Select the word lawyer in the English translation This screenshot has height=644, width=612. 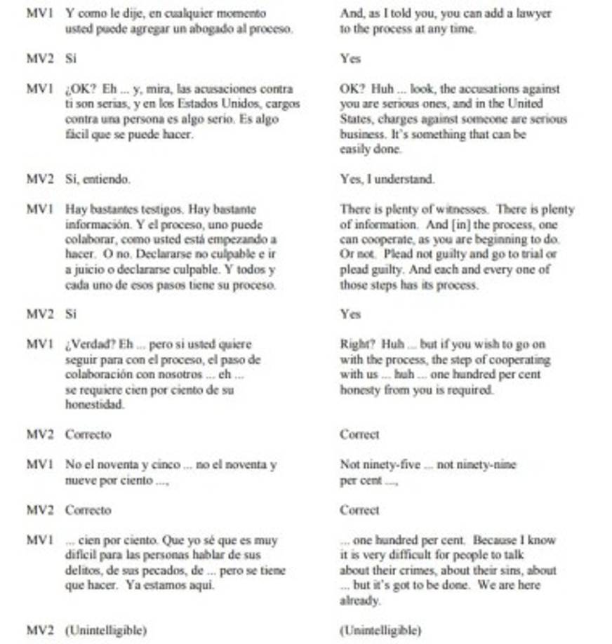[x=535, y=14]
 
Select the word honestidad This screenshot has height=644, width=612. [x=95, y=405]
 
